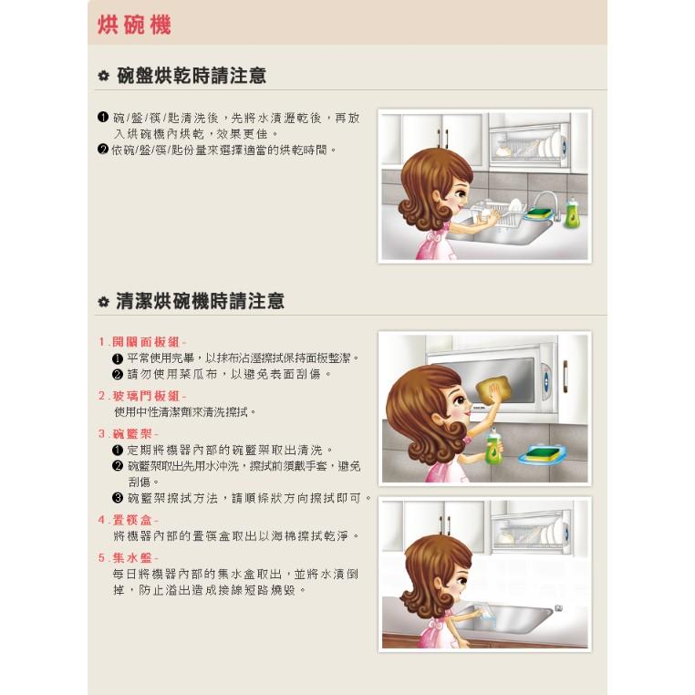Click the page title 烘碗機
coord(134,24)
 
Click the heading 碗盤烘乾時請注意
coord(192,75)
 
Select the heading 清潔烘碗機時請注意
coord(201,300)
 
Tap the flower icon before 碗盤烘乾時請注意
coord(104,76)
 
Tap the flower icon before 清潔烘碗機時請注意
coord(104,301)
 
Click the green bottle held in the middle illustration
coord(493,446)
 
